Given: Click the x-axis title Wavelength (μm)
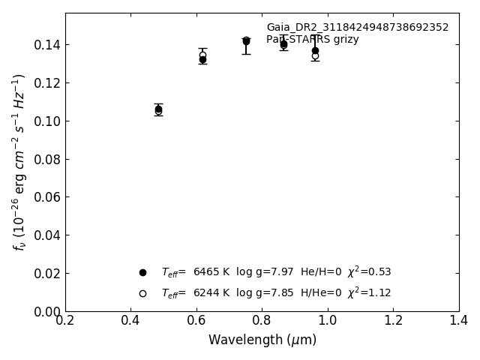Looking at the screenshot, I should click(262, 340).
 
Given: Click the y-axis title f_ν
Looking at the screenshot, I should click(19, 162).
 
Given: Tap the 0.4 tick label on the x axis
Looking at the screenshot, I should click(130, 320).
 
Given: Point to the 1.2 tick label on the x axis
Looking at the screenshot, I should click(393, 320).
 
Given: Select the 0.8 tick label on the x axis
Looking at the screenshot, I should click(262, 320).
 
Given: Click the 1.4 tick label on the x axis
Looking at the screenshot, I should click(458, 320).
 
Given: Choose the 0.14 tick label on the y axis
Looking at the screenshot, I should click(46, 45).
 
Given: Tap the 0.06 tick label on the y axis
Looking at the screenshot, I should click(46, 197).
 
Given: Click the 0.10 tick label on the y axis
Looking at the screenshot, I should click(46, 121).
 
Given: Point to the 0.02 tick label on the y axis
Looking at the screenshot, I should click(46, 274).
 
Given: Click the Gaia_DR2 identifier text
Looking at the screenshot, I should click(357, 28).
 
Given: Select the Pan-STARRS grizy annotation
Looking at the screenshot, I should click(312, 40).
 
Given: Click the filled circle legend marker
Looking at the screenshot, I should click(142, 272).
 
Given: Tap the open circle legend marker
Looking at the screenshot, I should click(142, 293).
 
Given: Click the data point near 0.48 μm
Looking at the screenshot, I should click(158, 109).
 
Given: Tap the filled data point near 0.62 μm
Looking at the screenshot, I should click(202, 59).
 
